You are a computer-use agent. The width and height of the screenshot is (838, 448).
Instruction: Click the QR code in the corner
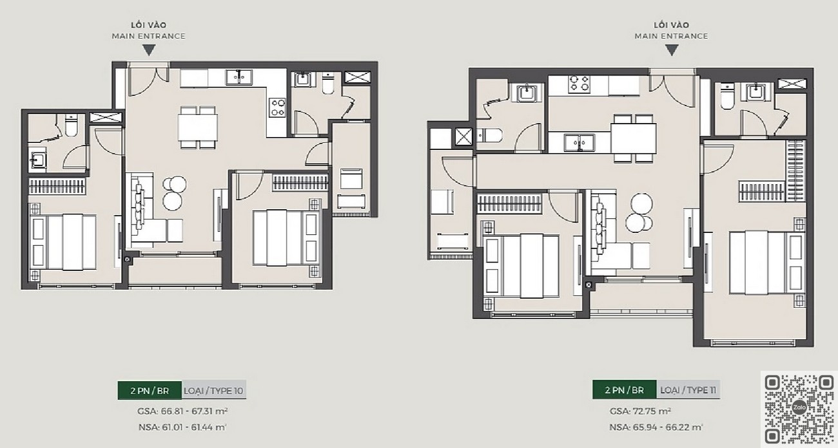tap(799, 409)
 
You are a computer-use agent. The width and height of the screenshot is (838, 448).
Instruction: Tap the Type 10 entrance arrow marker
tap(149, 50)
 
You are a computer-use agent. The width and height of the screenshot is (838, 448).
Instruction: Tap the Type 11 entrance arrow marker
tap(672, 50)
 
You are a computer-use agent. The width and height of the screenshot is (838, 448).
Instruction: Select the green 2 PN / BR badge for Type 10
tap(150, 391)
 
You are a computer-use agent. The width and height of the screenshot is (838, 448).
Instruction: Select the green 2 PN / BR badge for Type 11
tap(625, 389)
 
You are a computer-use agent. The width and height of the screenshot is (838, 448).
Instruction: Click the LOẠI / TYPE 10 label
tap(213, 391)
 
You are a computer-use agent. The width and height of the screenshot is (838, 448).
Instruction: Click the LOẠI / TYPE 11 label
tap(688, 390)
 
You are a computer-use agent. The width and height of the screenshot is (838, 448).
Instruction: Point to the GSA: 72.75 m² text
tap(640, 411)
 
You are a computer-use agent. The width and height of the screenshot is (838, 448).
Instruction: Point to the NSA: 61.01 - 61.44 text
tap(182, 427)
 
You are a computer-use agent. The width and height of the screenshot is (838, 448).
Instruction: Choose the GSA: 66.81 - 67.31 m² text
tap(182, 411)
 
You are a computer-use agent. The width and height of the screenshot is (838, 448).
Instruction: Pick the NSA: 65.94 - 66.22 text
tap(656, 427)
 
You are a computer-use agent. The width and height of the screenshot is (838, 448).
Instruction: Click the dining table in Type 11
tap(634, 138)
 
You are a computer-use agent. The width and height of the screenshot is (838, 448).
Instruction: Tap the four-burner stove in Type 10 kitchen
tap(278, 107)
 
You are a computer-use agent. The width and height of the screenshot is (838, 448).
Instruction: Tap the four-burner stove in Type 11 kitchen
tap(579, 84)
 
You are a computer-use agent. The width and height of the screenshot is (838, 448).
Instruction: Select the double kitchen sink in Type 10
tap(239, 77)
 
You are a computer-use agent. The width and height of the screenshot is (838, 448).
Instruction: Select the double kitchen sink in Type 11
tap(580, 143)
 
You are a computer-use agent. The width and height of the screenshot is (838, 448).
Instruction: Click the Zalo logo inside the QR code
tap(799, 407)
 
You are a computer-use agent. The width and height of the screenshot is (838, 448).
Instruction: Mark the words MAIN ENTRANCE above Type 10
tap(148, 36)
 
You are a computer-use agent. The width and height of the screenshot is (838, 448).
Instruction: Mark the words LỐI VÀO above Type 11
tap(672, 25)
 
